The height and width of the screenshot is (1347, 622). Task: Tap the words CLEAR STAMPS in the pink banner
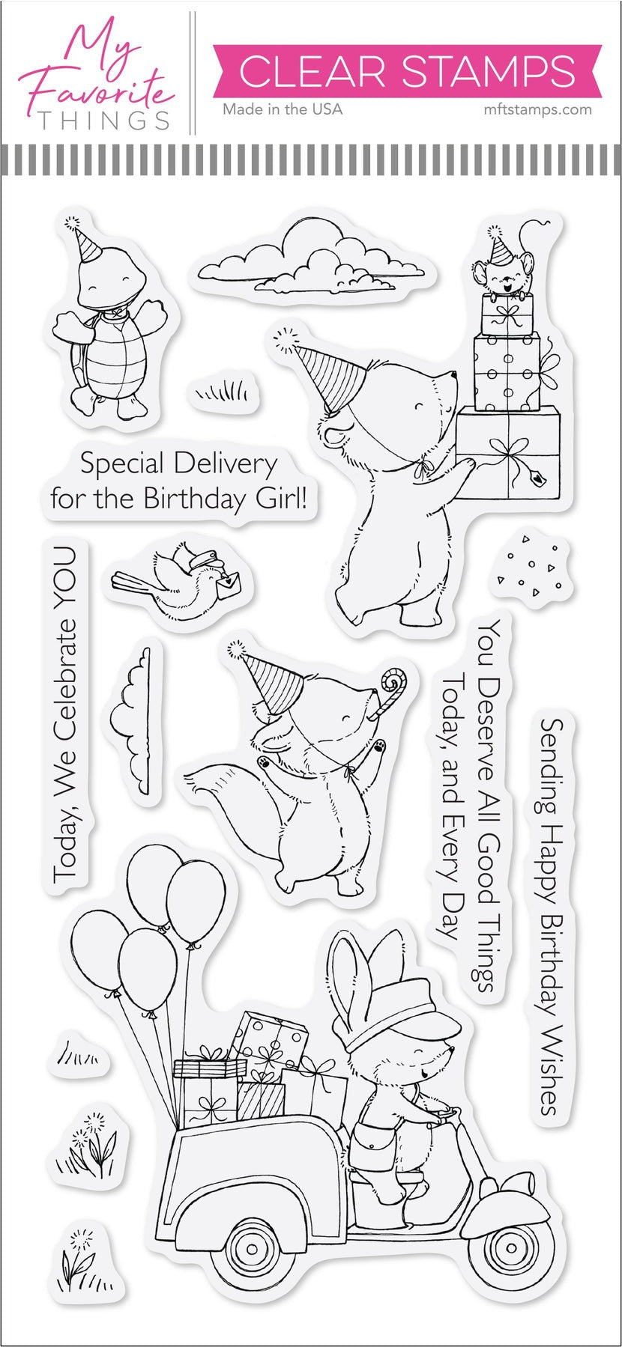[408, 72]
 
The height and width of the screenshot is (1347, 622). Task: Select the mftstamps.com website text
[534, 109]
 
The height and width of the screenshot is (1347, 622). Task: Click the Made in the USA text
[282, 109]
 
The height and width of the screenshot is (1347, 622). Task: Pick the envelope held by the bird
[229, 582]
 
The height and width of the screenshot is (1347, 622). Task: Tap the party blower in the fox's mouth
[391, 690]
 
